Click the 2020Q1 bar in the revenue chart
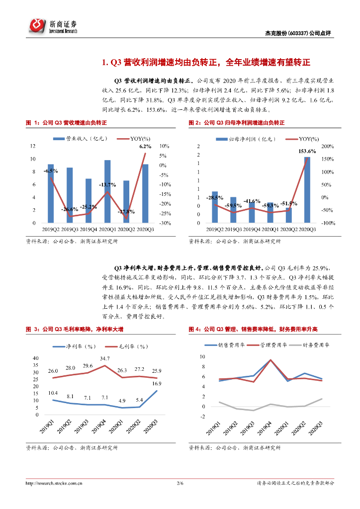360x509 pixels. [x=107, y=191]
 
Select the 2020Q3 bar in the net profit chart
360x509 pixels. [x=307, y=190]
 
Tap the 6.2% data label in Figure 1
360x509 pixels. [x=145, y=147]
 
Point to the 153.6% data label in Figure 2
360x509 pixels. [x=307, y=151]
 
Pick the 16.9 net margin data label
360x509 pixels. [x=157, y=383]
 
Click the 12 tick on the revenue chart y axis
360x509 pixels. [x=33, y=146]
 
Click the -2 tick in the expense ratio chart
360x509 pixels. [x=202, y=417]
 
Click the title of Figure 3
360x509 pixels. [x=75, y=329]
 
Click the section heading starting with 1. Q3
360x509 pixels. [x=205, y=63]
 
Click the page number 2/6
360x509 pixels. [x=180, y=483]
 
